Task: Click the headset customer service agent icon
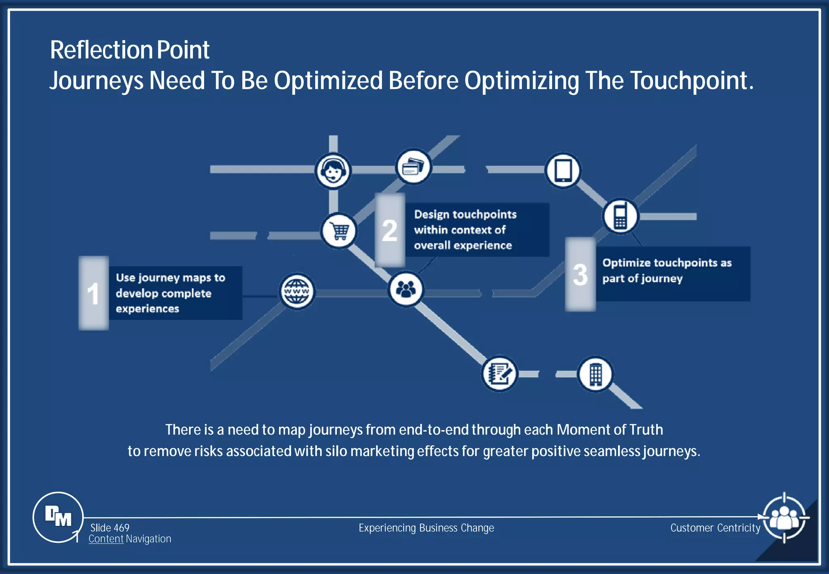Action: tap(333, 171)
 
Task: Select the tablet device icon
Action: tap(563, 170)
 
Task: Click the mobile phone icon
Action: tap(620, 217)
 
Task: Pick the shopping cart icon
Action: tap(339, 231)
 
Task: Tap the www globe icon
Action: tap(297, 292)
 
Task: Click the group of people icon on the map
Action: tap(406, 289)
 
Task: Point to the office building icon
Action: tap(595, 374)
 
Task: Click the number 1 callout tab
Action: tap(94, 293)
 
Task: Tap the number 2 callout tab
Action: tap(390, 230)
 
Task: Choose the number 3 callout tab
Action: tap(580, 274)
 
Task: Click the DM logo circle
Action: tap(58, 517)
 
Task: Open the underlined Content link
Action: tap(106, 539)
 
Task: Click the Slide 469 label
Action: tap(110, 528)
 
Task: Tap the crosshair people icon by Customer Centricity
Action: tap(784, 518)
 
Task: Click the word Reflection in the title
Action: tap(101, 50)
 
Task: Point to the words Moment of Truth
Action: tap(610, 429)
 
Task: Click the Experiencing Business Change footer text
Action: tap(426, 528)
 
